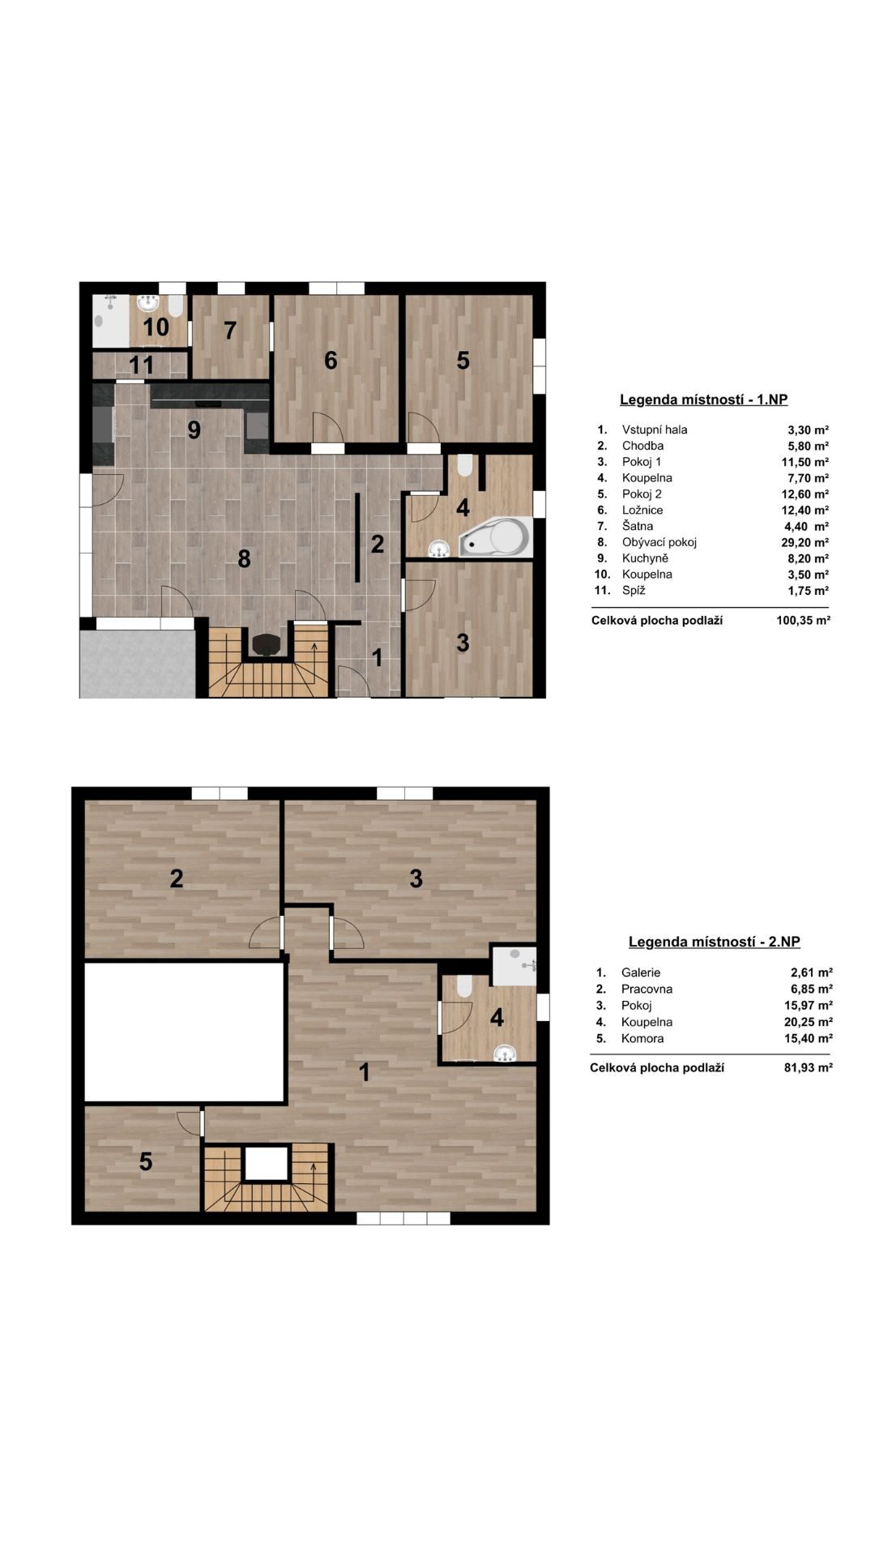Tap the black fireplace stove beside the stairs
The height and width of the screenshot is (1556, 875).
pos(266,644)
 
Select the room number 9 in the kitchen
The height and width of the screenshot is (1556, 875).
pos(194,430)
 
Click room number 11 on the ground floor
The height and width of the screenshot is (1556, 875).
pos(142,365)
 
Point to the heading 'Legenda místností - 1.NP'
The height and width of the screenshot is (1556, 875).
pos(703,400)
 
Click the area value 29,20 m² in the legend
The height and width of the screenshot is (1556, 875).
pos(805,542)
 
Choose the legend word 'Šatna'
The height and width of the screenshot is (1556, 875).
pos(638,526)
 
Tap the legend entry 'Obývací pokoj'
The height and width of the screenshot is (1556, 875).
pos(659,542)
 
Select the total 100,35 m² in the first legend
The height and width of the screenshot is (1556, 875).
pos(803,621)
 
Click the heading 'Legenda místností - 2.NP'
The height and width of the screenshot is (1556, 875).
pos(715,942)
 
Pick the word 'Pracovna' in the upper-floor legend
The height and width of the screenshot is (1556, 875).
pos(647,989)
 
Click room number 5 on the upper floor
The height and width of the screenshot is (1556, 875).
pos(146,1162)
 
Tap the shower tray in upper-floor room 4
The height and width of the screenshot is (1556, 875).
pos(514,964)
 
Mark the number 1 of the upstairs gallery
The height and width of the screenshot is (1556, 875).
pos(365,1072)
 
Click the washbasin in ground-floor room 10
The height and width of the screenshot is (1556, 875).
pos(147,304)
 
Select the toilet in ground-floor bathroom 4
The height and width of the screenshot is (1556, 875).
pos(464,464)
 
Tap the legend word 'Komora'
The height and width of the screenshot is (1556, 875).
pos(642,1038)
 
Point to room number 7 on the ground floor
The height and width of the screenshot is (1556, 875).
pos(230,331)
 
